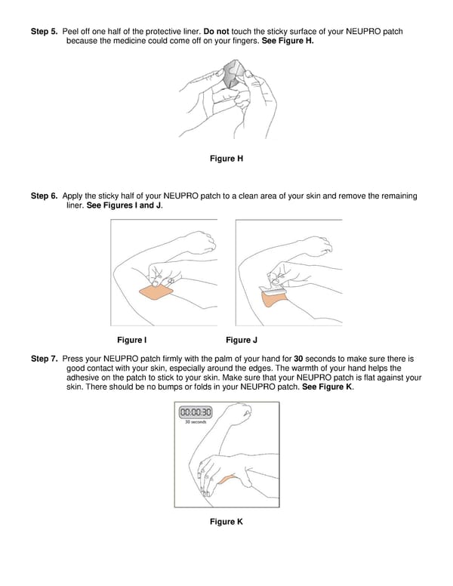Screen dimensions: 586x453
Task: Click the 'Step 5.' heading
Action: pyautogui.click(x=44, y=32)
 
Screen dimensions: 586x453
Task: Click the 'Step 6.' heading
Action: pyautogui.click(x=44, y=196)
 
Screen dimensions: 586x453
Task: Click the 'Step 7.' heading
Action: pyautogui.click(x=44, y=358)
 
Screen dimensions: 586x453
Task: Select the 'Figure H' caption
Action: pyautogui.click(x=226, y=159)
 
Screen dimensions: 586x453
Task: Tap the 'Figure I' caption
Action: pyautogui.click(x=132, y=340)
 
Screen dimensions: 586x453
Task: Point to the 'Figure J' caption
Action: pyautogui.click(x=242, y=340)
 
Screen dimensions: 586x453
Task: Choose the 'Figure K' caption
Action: pyautogui.click(x=226, y=522)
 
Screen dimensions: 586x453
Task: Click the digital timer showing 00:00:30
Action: pyautogui.click(x=195, y=412)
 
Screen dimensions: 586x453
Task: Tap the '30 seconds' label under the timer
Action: pyautogui.click(x=195, y=422)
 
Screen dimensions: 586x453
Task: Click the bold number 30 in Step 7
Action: pyautogui.click(x=298, y=358)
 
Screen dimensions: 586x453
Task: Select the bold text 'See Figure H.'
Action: pyautogui.click(x=288, y=41)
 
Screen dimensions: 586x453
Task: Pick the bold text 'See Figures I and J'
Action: pyautogui.click(x=124, y=205)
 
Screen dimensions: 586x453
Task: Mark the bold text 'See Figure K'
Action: pyautogui.click(x=326, y=387)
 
